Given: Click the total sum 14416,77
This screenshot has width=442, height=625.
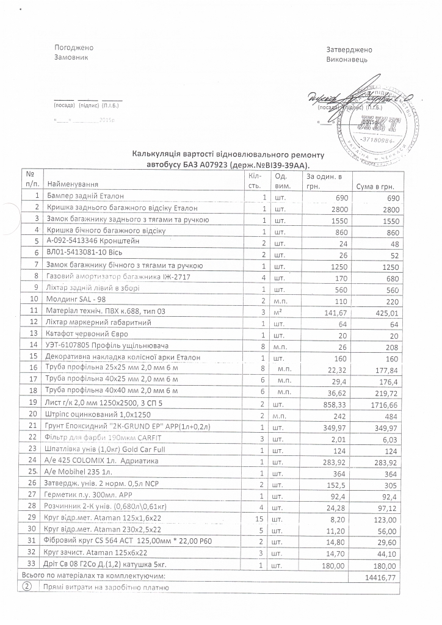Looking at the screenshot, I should click(382, 577).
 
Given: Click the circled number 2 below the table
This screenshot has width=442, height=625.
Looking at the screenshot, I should click(27, 588).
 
